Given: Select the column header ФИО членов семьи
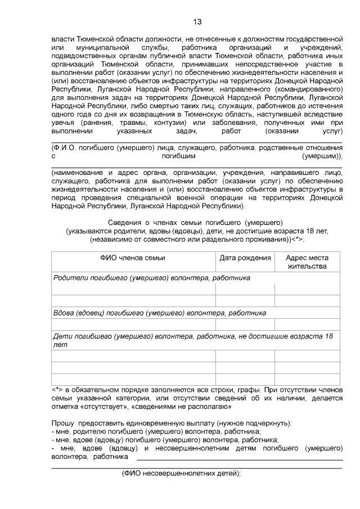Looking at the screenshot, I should [x=133, y=258].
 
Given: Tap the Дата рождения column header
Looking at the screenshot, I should [x=245, y=258].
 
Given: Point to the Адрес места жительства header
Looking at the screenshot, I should [x=307, y=262].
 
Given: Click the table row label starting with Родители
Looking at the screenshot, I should [x=151, y=278].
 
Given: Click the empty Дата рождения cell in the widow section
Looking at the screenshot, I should [x=245, y=325].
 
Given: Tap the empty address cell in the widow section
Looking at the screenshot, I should [x=307, y=325].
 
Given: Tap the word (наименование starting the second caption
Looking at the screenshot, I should [x=76, y=173].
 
